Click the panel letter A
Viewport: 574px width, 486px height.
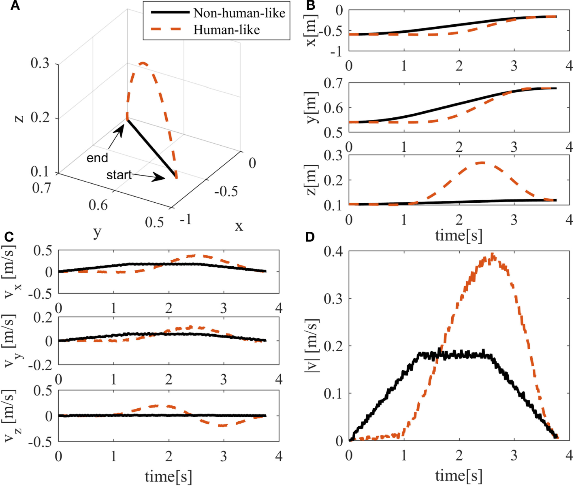point(15,6)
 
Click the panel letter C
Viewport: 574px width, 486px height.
point(9,237)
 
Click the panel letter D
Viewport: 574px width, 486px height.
point(310,237)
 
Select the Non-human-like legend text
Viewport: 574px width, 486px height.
point(239,13)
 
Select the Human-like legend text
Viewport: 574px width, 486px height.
point(226,30)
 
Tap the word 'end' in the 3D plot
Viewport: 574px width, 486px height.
point(97,158)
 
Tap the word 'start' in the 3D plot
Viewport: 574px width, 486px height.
point(119,175)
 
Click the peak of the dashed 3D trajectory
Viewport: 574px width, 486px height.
point(143,63)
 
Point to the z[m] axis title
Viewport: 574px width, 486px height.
point(311,180)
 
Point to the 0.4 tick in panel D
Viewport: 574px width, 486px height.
point(333,252)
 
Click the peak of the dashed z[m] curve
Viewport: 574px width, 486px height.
point(481,163)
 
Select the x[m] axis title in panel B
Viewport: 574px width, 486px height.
point(311,30)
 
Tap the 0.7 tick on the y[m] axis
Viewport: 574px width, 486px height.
point(333,83)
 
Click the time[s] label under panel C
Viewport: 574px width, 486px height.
point(168,476)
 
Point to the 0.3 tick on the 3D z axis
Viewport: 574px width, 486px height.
point(40,64)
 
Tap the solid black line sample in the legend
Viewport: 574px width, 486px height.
point(170,13)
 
